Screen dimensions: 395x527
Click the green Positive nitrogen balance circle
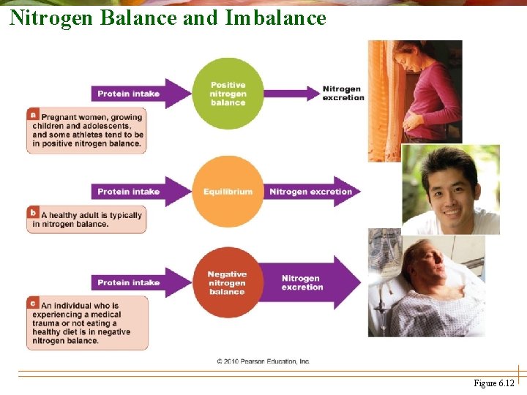228,94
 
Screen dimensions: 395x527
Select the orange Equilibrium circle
228,192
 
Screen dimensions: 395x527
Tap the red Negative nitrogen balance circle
227,282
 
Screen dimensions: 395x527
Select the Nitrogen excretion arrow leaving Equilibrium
311,192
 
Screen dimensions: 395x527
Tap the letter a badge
33,115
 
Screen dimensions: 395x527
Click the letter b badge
33,213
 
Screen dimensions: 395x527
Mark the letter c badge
33,302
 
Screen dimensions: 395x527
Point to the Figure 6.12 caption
494,383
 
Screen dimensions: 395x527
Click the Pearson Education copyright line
263,361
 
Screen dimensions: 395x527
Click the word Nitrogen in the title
51,17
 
